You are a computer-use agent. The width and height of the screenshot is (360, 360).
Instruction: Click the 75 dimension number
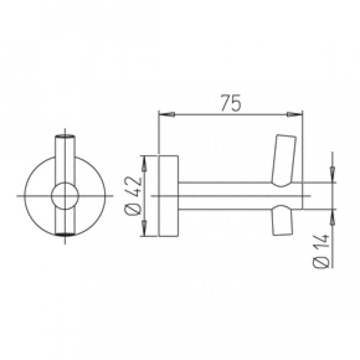click(231, 103)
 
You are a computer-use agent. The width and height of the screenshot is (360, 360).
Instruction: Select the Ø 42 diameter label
click(133, 196)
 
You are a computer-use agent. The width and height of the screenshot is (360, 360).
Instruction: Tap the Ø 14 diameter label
click(321, 251)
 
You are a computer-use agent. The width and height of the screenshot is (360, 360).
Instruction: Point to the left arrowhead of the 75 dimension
click(167, 114)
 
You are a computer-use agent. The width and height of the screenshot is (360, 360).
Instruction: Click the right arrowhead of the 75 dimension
click(294, 114)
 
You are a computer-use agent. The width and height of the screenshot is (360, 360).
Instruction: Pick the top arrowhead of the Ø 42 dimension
click(144, 164)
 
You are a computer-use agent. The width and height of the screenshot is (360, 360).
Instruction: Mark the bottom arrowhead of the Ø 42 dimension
click(144, 228)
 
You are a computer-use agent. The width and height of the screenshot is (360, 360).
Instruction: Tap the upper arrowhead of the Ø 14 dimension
click(332, 175)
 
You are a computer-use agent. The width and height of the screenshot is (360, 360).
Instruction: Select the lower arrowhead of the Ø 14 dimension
click(332, 217)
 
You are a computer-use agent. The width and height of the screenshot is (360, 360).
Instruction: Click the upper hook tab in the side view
click(284, 160)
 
